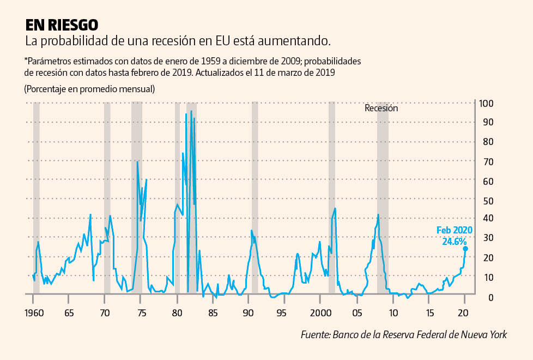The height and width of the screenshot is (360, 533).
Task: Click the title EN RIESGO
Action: tap(62, 25)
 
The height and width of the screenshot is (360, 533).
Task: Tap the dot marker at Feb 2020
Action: tap(465, 249)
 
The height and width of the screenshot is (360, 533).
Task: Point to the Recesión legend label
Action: tap(381, 108)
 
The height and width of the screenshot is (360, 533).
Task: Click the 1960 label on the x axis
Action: tap(34, 314)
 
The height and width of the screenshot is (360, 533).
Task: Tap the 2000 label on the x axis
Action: tap(320, 314)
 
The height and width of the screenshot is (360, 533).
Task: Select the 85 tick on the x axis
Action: tap(213, 314)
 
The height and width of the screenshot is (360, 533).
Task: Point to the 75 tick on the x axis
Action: tap(141, 314)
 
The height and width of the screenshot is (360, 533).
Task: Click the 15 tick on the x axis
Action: tap(429, 314)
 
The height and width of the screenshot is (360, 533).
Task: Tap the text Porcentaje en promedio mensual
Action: tap(89, 89)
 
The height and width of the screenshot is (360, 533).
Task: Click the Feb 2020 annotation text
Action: tap(454, 230)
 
